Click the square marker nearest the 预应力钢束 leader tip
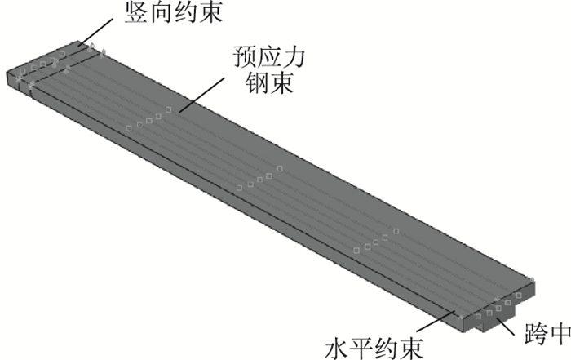169,109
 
